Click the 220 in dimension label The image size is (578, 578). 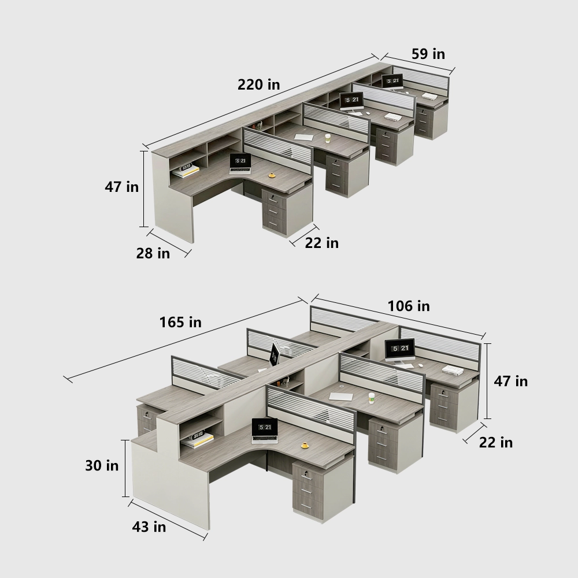(258, 85)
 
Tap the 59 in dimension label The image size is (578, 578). (428, 54)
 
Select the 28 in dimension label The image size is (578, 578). (153, 253)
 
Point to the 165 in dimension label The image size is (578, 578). (180, 322)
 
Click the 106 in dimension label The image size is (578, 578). (409, 306)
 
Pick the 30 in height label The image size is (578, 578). (102, 465)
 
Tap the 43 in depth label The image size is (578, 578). (149, 527)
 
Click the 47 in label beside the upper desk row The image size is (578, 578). (121, 187)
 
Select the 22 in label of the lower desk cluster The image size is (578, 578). (496, 442)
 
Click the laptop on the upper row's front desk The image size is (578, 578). (240, 164)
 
